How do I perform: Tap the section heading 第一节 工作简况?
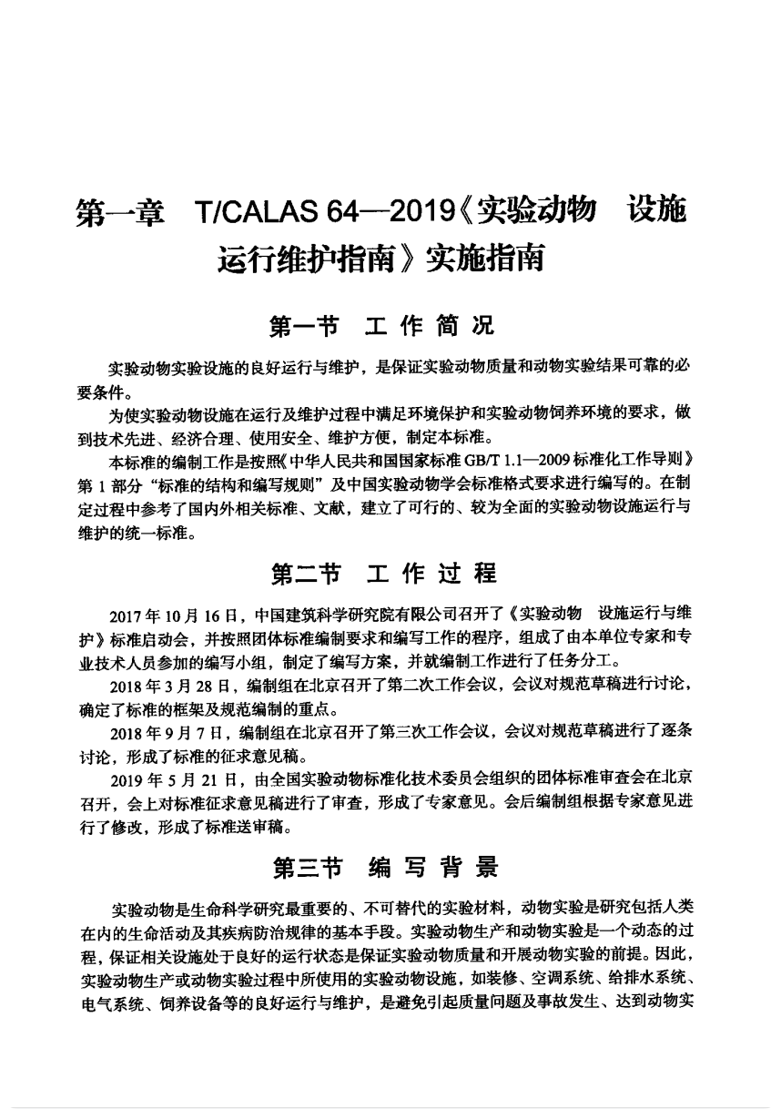point(382,325)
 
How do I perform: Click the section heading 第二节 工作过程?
point(382,574)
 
